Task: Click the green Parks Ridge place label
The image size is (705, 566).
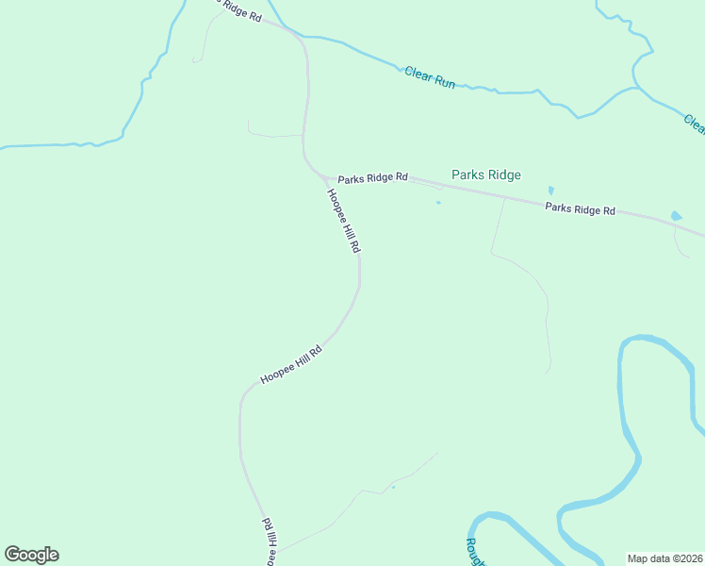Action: (x=485, y=175)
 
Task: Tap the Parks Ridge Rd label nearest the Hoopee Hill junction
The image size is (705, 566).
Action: (x=373, y=177)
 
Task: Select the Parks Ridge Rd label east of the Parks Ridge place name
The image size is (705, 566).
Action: (x=580, y=209)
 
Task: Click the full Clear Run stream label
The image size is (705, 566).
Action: (x=430, y=77)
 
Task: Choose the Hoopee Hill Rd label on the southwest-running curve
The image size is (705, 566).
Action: (x=291, y=364)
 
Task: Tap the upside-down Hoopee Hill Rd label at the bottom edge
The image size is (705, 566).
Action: (x=269, y=541)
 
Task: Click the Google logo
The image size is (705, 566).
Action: (x=31, y=555)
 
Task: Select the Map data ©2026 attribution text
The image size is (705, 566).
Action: (x=665, y=558)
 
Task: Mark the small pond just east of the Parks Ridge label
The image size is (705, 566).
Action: (x=551, y=190)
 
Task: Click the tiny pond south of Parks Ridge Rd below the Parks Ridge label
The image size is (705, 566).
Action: (x=438, y=202)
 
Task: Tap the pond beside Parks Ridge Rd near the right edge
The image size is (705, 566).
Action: (x=676, y=216)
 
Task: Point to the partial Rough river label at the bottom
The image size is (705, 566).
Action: (x=474, y=553)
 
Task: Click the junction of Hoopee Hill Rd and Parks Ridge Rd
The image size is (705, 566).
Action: (x=325, y=178)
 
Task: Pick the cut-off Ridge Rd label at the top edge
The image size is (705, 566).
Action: (x=236, y=8)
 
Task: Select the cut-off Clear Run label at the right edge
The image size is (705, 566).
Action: (x=695, y=124)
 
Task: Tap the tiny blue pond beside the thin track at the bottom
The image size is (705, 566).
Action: (x=393, y=487)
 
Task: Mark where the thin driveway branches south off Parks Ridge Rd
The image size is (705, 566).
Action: (x=504, y=198)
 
